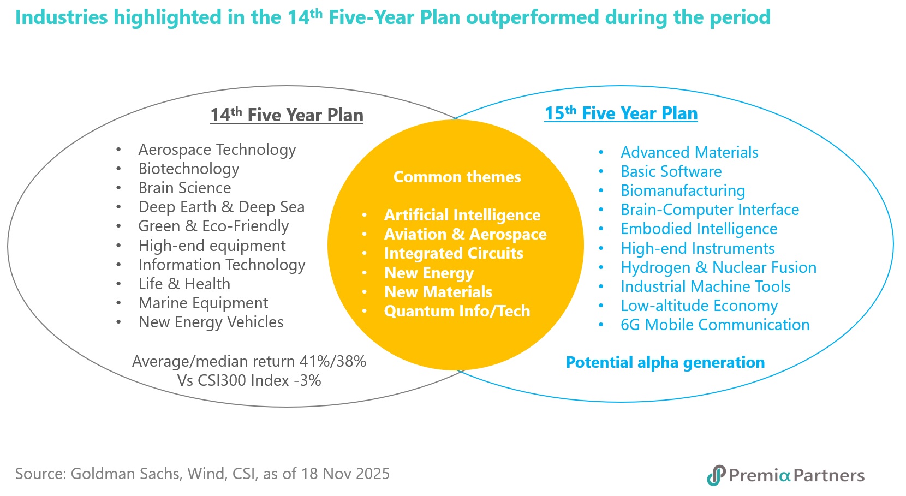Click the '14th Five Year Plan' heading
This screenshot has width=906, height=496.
pos(287,115)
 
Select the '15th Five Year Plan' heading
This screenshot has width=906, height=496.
pos(621,113)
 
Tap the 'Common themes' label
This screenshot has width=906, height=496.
pos(457,177)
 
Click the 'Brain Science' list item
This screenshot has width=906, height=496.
pos(184,188)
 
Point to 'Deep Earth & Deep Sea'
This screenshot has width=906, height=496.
pos(221,207)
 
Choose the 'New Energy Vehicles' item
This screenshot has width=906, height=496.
pos(211,322)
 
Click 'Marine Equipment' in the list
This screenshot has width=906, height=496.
pos(203,303)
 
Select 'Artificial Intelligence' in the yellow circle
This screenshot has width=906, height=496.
pos(462,215)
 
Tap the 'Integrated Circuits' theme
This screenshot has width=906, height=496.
pos(453,253)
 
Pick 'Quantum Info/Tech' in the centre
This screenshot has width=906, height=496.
pos(457,311)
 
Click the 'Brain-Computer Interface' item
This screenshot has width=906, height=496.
pos(710,210)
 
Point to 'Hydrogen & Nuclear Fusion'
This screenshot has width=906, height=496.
pos(718,267)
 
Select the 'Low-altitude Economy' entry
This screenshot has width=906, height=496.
pos(699,306)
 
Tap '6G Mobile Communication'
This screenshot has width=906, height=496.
pos(715,325)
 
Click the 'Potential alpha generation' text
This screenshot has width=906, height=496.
pos(665,362)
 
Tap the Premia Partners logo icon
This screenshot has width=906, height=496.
pos(716,475)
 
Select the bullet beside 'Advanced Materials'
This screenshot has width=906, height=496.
pos(601,152)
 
